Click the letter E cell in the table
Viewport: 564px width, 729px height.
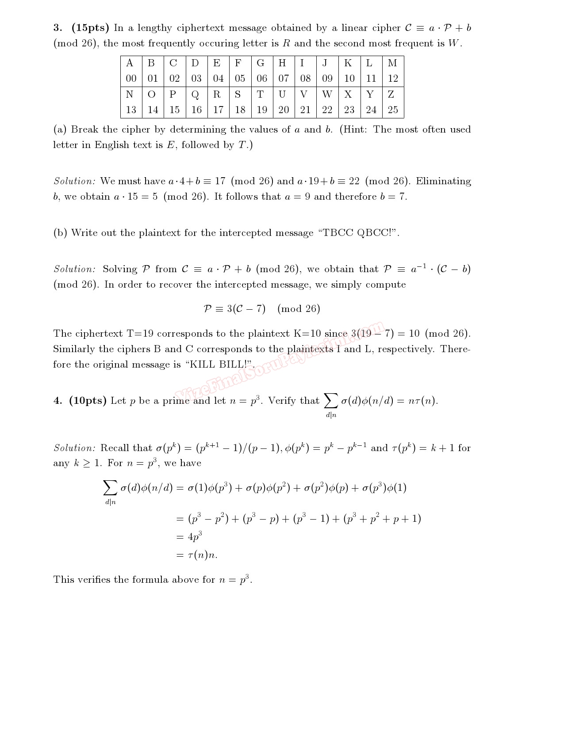(217, 63)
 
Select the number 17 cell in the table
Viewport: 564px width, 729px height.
(218, 110)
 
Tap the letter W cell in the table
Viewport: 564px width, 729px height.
(327, 95)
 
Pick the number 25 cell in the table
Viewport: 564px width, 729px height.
(393, 110)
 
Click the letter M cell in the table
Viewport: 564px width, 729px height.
(392, 63)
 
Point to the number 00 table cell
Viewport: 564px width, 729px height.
(131, 79)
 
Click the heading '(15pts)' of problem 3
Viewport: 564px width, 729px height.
(90, 28)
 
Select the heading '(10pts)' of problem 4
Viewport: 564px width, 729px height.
(88, 401)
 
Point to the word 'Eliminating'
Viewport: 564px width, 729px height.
(443, 182)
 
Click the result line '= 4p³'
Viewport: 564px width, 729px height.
(189, 537)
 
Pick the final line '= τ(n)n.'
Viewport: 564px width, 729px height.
(197, 555)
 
